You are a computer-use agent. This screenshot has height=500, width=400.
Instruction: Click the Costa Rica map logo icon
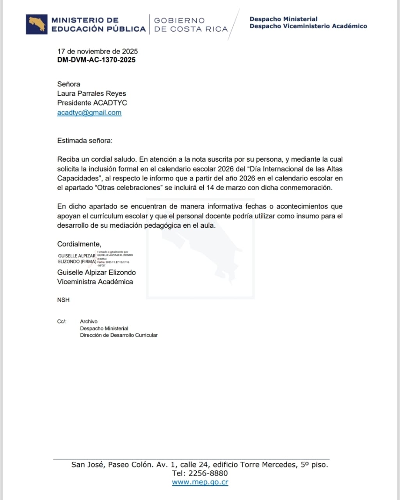pos(37,24)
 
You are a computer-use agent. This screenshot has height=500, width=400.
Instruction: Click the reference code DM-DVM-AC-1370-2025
pos(96,60)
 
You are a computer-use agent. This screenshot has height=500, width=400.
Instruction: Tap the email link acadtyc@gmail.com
pos(89,112)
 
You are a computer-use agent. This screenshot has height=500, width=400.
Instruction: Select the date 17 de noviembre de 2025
pos(97,51)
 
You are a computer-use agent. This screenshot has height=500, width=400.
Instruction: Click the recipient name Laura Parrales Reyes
pos(91,93)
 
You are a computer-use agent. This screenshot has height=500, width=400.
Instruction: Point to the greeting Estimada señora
pos(84,141)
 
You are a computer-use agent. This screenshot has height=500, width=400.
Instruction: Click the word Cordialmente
pos(79,244)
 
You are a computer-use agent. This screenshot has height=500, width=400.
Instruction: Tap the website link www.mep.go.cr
pos(200,482)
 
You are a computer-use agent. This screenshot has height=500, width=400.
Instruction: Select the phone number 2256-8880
pos(208,473)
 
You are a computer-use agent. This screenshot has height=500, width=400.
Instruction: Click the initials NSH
pos(63,300)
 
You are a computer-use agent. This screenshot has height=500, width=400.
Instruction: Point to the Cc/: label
pos(62,321)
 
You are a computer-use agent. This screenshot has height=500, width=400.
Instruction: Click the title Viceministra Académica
pos(95,282)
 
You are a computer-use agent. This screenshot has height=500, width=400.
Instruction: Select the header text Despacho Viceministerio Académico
pos(308,26)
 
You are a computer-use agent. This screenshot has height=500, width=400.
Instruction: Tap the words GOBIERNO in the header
pos(179,20)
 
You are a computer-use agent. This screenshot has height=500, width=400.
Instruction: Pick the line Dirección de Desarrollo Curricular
pos(119,335)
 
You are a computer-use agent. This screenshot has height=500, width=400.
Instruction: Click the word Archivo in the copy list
pos(89,321)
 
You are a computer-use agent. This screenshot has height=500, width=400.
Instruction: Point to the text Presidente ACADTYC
pos(92,103)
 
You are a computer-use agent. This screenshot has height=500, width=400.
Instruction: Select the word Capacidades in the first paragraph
pos(77,178)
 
